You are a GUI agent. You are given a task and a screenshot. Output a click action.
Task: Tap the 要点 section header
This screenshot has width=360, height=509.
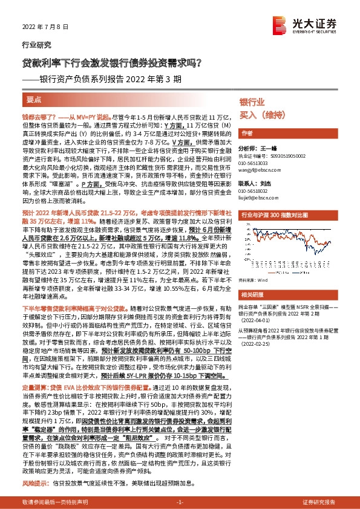[34, 99]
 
